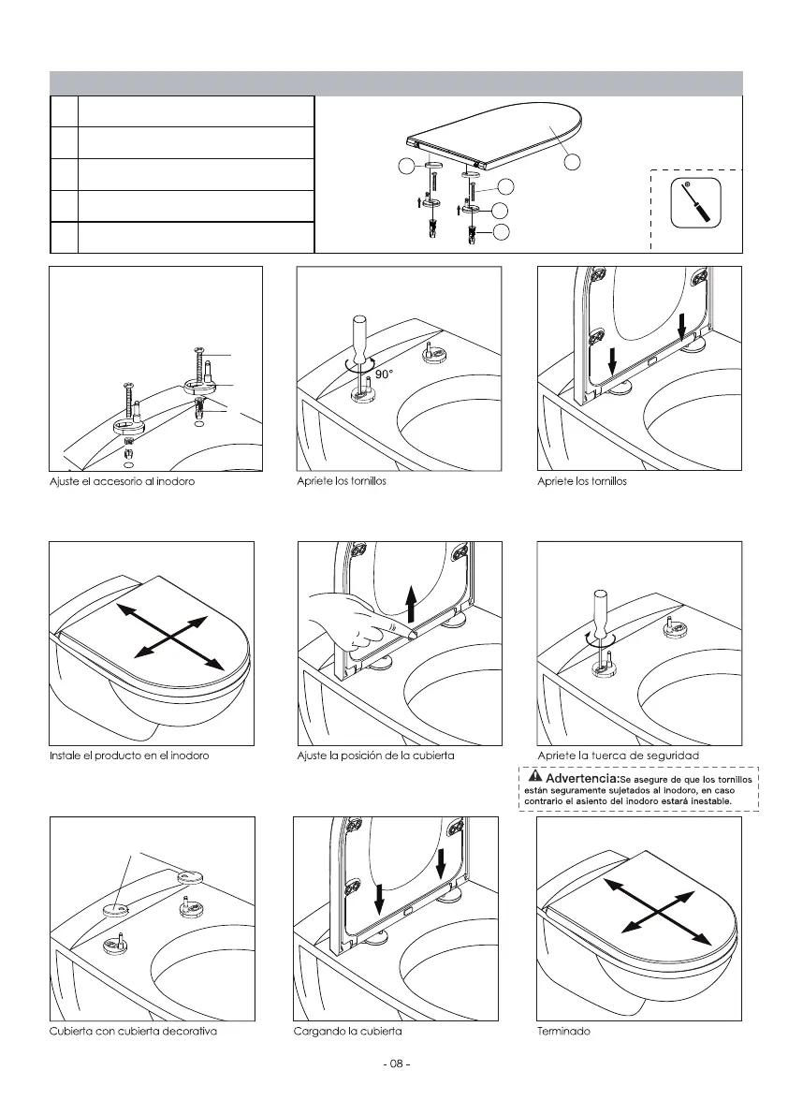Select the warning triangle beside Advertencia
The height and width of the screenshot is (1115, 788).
[533, 777]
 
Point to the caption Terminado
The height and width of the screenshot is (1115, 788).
[563, 1031]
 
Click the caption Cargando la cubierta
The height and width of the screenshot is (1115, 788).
[348, 1031]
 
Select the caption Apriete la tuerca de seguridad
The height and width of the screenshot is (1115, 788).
[619, 756]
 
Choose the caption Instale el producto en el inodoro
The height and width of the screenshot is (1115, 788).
[129, 756]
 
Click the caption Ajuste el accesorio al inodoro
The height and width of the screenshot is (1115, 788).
[123, 481]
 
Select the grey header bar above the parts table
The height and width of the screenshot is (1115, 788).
[396, 83]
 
